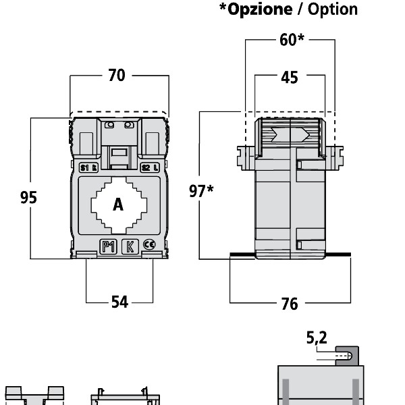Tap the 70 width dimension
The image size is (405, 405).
point(117,76)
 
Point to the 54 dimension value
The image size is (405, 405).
point(119,302)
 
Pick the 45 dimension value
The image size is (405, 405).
point(289,77)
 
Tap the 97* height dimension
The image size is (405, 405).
point(200,191)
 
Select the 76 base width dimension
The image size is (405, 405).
point(289,304)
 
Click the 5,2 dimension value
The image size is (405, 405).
point(317,338)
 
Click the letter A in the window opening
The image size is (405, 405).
point(118,205)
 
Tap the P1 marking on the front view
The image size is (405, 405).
point(109,246)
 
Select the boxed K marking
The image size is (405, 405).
point(130,246)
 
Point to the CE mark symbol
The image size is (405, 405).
point(149,246)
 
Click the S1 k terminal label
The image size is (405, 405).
point(88,168)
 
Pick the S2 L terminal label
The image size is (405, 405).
point(151,168)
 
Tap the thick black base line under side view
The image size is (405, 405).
point(290,255)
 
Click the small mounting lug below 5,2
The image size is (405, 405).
point(348,355)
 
